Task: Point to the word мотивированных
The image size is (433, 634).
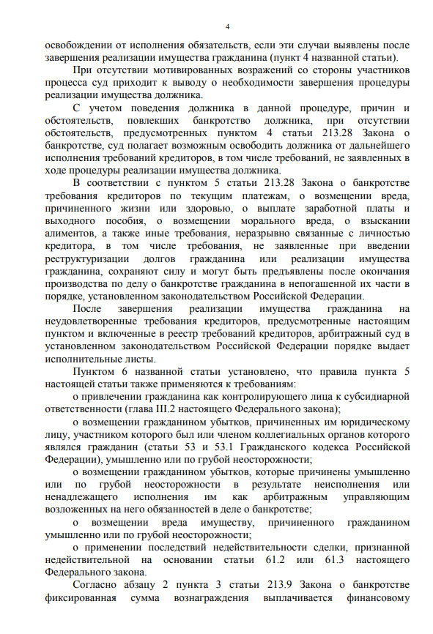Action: pyautogui.click(x=169, y=70)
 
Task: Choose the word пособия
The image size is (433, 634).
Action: pyautogui.click(x=116, y=221)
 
